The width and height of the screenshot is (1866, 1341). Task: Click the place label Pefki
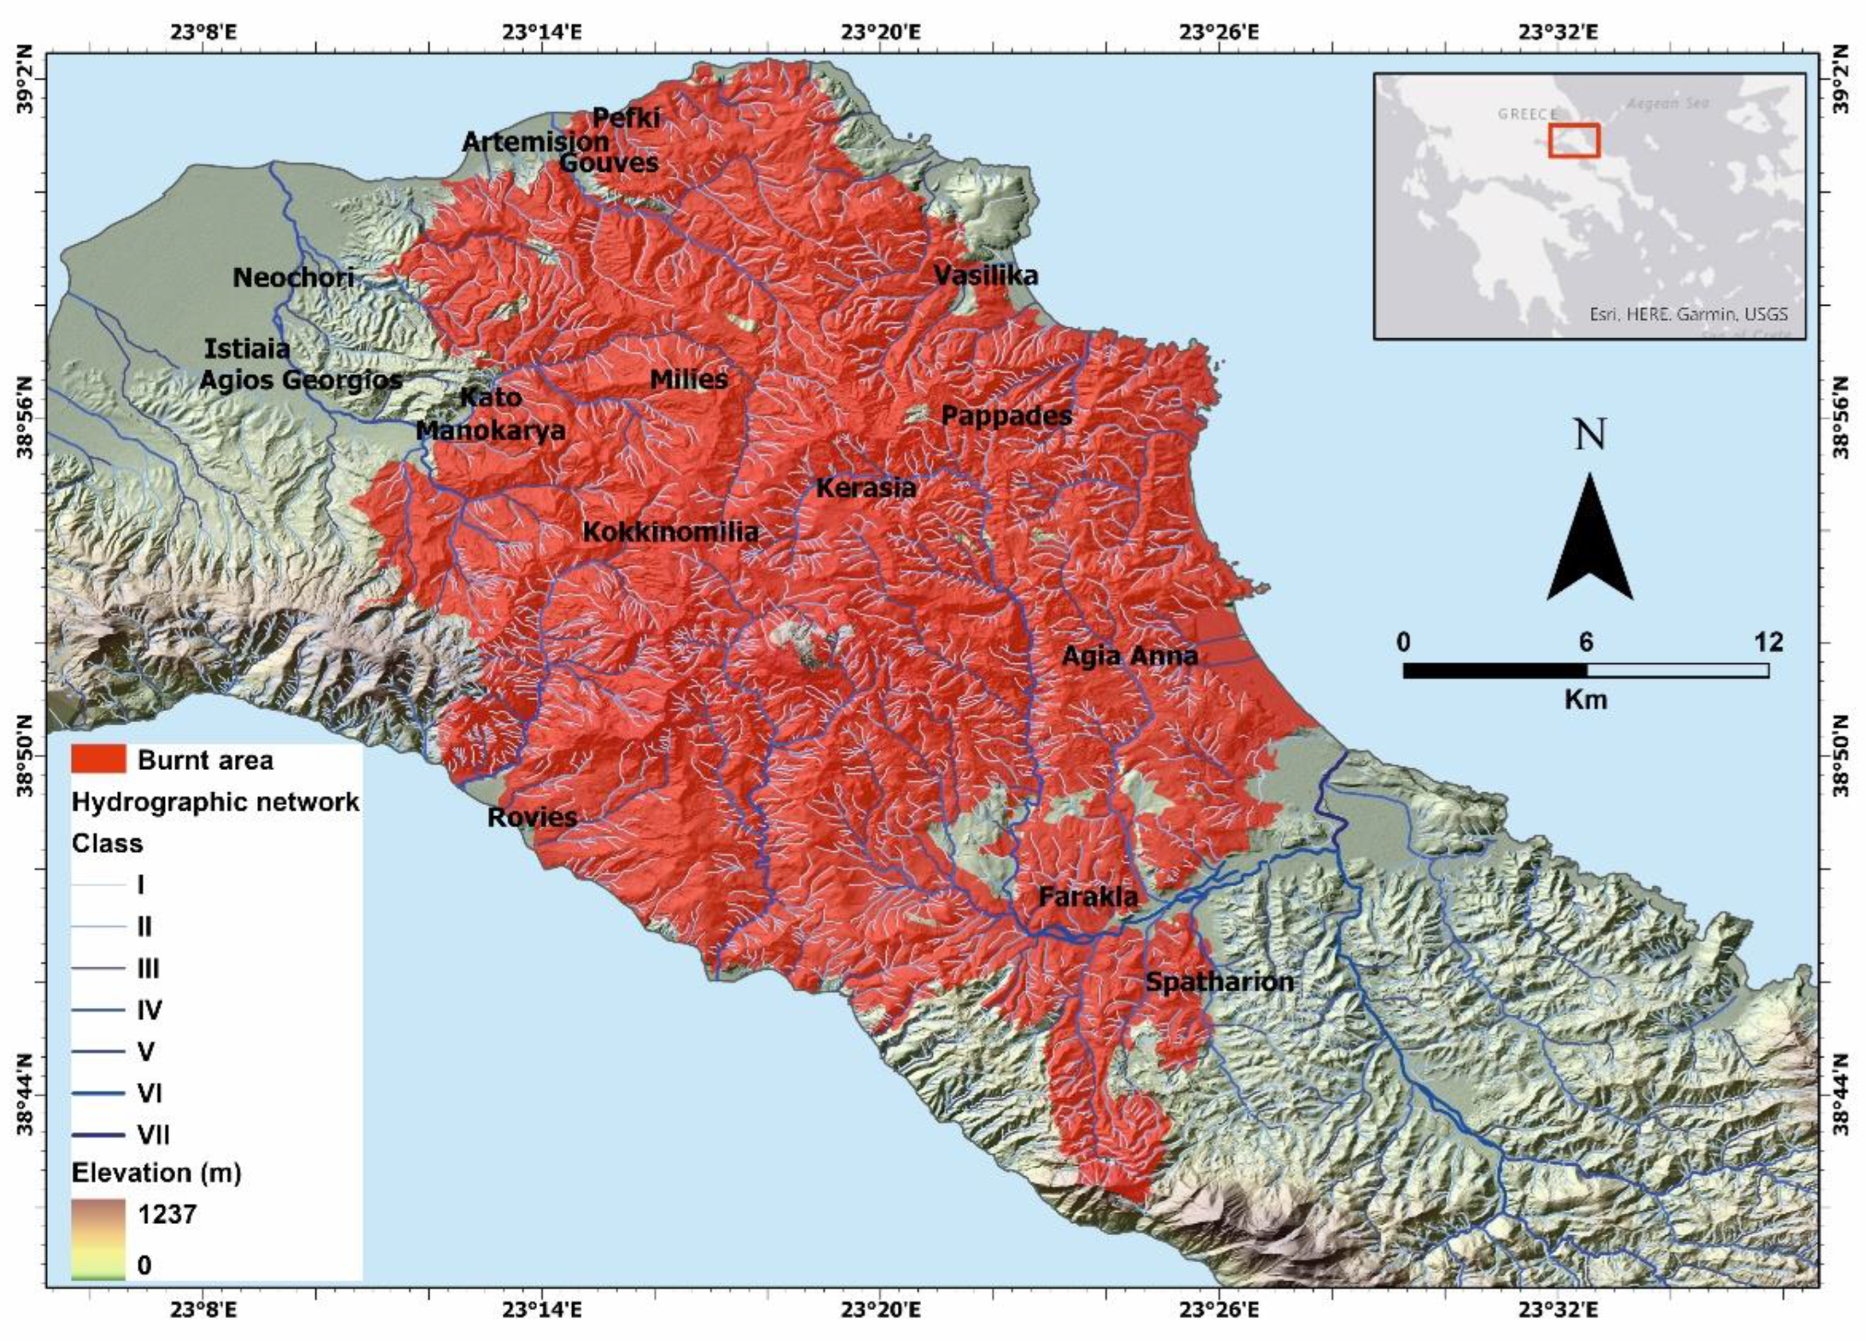[626, 117]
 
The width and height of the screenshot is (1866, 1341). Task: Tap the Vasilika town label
[986, 275]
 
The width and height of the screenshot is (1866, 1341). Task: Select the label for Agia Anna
[1129, 656]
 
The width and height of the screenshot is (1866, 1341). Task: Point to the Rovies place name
[532, 817]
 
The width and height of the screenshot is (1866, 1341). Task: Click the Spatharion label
[1219, 982]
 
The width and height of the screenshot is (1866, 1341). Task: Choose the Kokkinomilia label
[671, 531]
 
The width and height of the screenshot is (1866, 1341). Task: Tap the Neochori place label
[293, 277]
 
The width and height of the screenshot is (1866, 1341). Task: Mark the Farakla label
[1088, 897]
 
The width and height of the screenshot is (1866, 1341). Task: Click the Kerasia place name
[866, 488]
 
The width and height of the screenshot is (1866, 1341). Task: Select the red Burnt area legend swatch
[98, 759]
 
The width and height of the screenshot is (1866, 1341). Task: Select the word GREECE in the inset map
[1527, 114]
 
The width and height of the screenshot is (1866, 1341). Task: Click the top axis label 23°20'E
[880, 32]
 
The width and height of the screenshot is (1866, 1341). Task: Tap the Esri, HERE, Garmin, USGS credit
[1688, 314]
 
